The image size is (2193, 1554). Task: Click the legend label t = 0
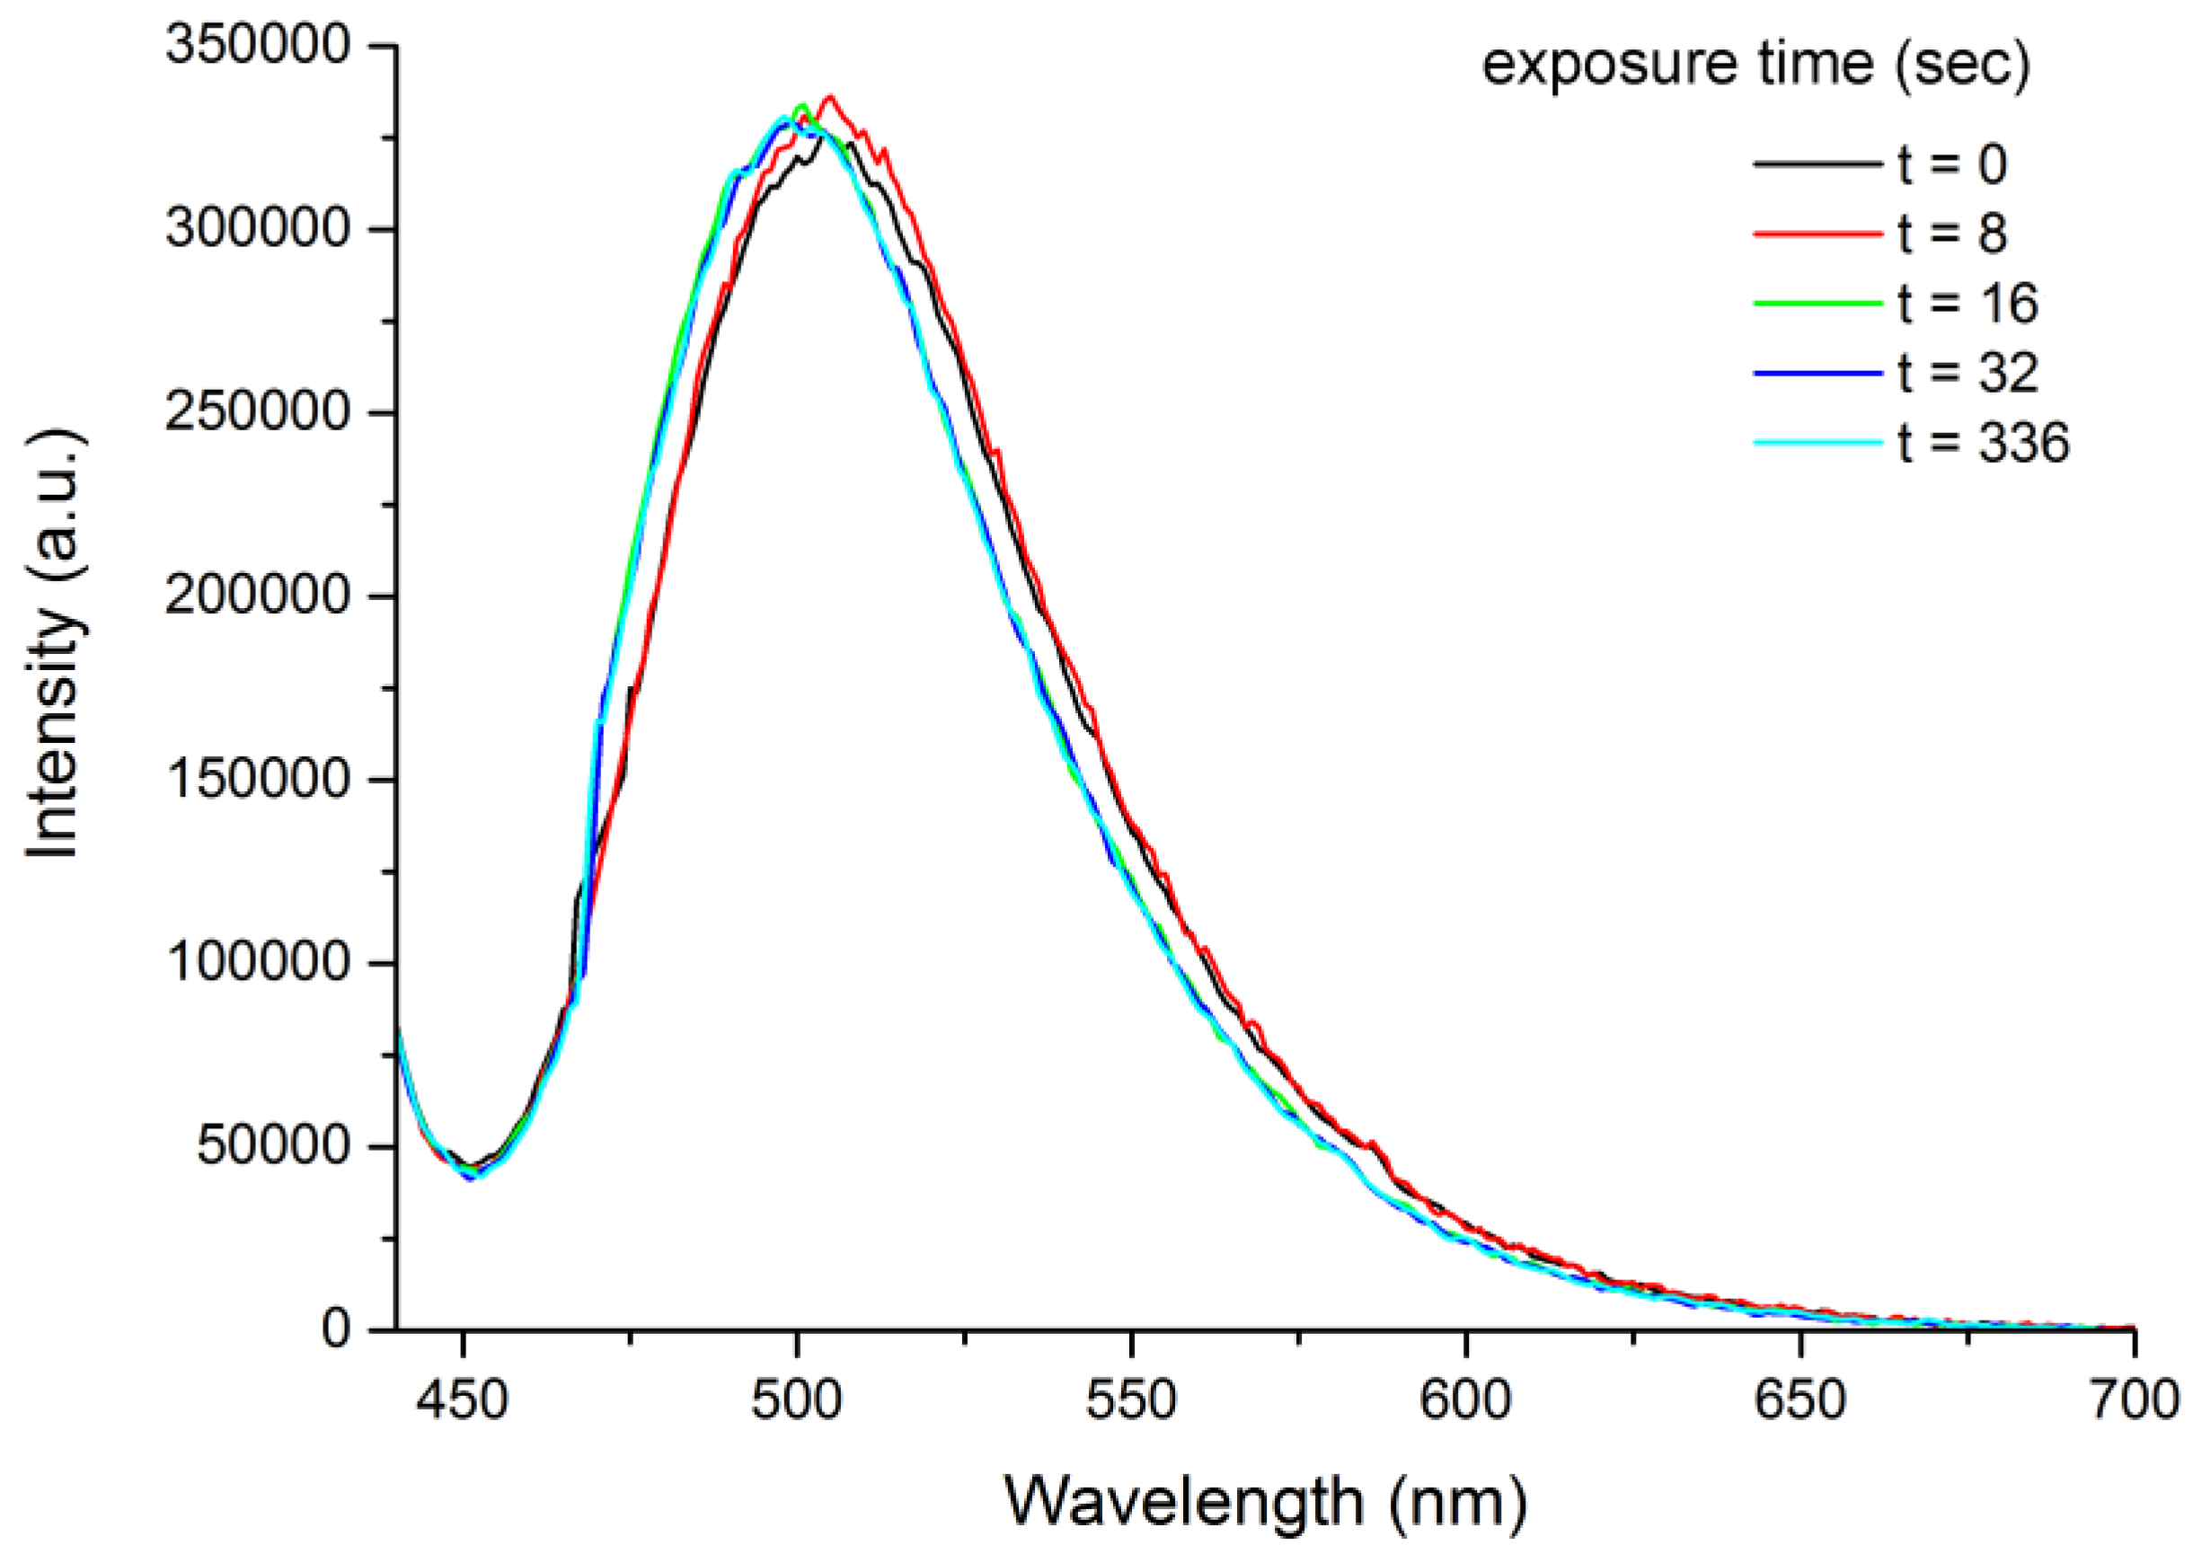(x=1953, y=164)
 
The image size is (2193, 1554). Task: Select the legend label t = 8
(x=1953, y=234)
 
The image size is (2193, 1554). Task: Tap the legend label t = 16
(x=1968, y=304)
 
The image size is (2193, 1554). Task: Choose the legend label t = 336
(x=1984, y=443)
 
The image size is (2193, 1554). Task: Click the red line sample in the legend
(x=1818, y=234)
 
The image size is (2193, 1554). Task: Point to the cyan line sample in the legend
(x=1818, y=443)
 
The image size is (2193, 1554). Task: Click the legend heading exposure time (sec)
(x=1755, y=65)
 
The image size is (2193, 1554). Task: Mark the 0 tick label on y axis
(x=336, y=1329)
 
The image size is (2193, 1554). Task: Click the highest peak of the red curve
(x=830, y=96)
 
